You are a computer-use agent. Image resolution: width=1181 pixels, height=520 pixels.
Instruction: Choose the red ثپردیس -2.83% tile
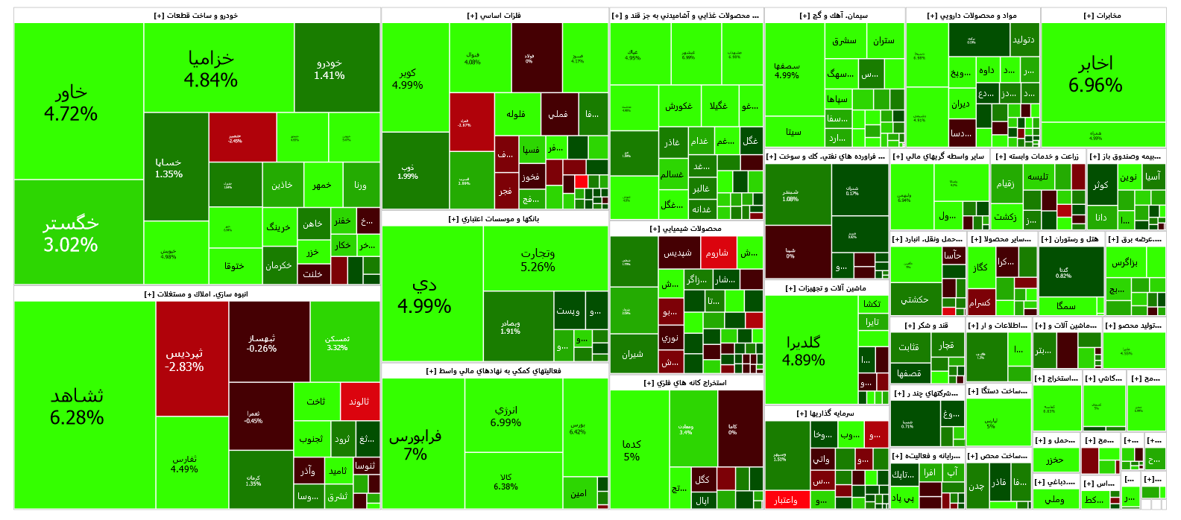(x=192, y=358)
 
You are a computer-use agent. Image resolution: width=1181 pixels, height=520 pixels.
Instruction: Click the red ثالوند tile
(x=360, y=401)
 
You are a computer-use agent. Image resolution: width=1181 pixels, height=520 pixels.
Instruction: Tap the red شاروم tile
(x=718, y=253)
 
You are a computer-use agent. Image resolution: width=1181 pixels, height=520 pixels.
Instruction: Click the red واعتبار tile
(x=787, y=499)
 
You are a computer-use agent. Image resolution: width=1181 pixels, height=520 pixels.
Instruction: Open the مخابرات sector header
(x=1103, y=16)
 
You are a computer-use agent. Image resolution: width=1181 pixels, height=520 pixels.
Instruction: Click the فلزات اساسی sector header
(x=494, y=16)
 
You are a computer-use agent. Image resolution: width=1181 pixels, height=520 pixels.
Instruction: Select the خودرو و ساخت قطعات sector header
(x=197, y=16)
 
